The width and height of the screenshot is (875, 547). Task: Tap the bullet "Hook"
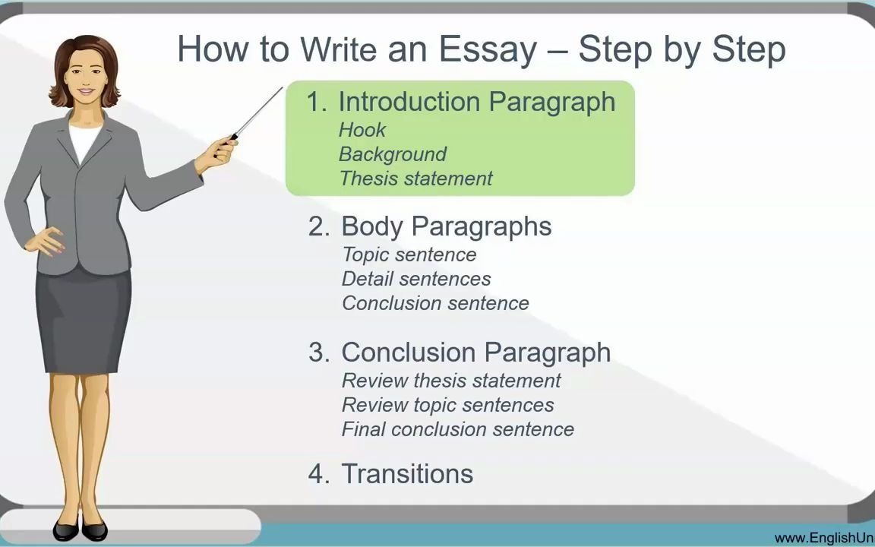pos(362,130)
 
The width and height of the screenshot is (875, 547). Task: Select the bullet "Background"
pos(392,154)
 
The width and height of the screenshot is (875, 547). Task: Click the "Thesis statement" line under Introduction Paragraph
pos(415,179)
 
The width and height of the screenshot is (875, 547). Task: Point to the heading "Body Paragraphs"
pos(446,226)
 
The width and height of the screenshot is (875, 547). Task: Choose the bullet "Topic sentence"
pos(409,255)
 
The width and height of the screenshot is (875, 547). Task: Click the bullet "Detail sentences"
pos(415,279)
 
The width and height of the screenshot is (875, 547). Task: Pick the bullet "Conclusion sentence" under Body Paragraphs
pos(434,303)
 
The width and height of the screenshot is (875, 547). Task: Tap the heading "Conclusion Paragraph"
pos(475,353)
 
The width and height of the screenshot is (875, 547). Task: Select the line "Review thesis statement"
pos(451,381)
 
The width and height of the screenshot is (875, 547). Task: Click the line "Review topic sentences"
pos(447,405)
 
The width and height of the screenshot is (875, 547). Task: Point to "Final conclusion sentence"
pos(457,429)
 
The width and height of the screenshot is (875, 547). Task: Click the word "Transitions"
pos(407,474)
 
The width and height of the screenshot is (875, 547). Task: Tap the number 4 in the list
pos(317,474)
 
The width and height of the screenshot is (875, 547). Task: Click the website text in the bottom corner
pos(824,538)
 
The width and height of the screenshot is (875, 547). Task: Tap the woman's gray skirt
pos(84,319)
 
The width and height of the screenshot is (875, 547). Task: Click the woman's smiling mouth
pos(86,91)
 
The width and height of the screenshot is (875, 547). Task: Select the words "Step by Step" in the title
pos(681,49)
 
